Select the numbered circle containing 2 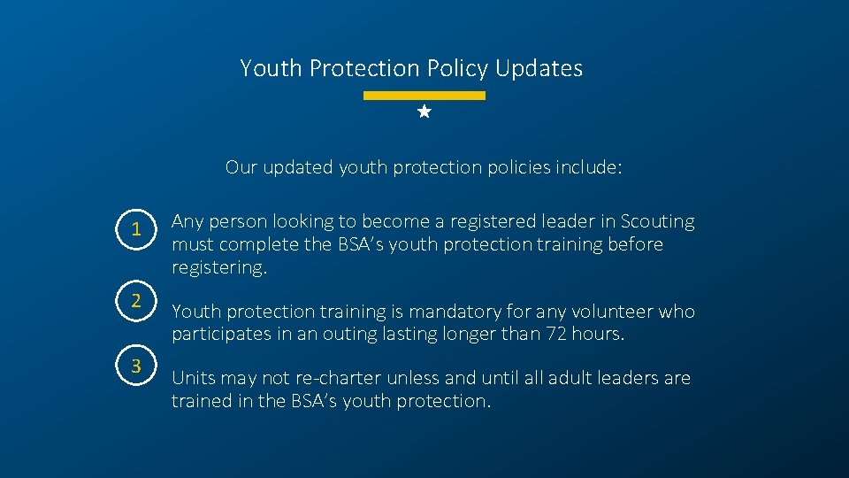coord(136,299)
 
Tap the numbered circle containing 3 coord(136,366)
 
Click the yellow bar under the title coord(424,95)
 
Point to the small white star coord(424,112)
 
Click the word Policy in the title coord(458,68)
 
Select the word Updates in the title coord(539,68)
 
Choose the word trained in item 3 coord(203,401)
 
